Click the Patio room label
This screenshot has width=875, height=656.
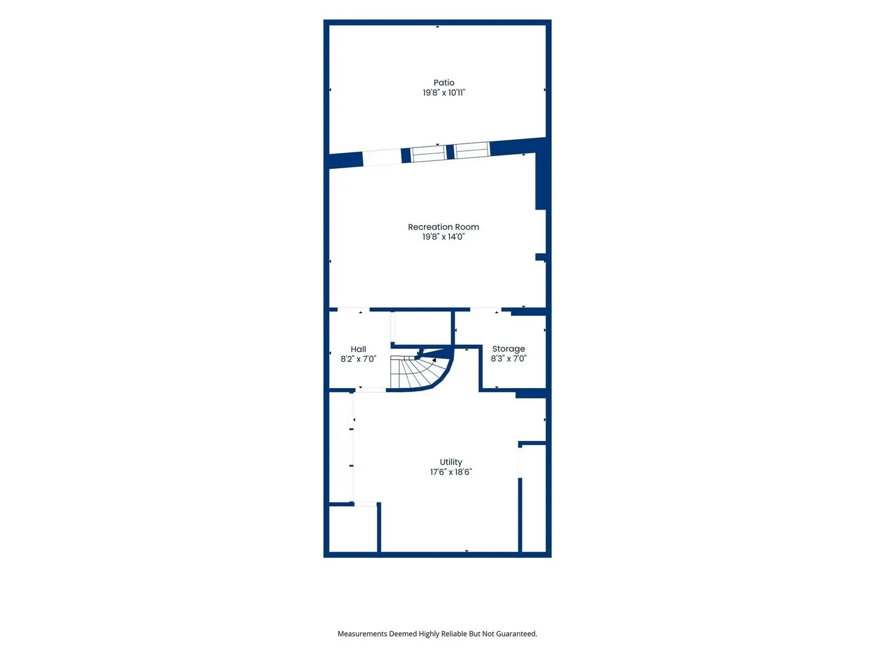444,83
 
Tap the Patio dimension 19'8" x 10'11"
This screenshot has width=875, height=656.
444,93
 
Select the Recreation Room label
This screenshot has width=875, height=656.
444,227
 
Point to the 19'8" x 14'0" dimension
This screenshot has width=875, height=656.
444,237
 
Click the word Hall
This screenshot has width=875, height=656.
359,349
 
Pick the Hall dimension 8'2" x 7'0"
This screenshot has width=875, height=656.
359,359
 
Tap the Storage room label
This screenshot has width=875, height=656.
508,349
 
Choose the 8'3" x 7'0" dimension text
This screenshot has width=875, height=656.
508,358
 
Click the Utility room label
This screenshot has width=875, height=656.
451,462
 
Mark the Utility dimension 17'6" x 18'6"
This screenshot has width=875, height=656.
451,472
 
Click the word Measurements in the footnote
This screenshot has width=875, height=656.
362,634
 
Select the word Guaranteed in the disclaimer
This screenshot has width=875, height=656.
516,634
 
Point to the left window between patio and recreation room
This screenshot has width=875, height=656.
428,154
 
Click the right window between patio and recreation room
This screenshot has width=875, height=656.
472,150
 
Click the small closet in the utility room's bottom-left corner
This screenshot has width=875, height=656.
353,529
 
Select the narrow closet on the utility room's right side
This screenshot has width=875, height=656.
534,498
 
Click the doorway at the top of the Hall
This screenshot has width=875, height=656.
353,310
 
